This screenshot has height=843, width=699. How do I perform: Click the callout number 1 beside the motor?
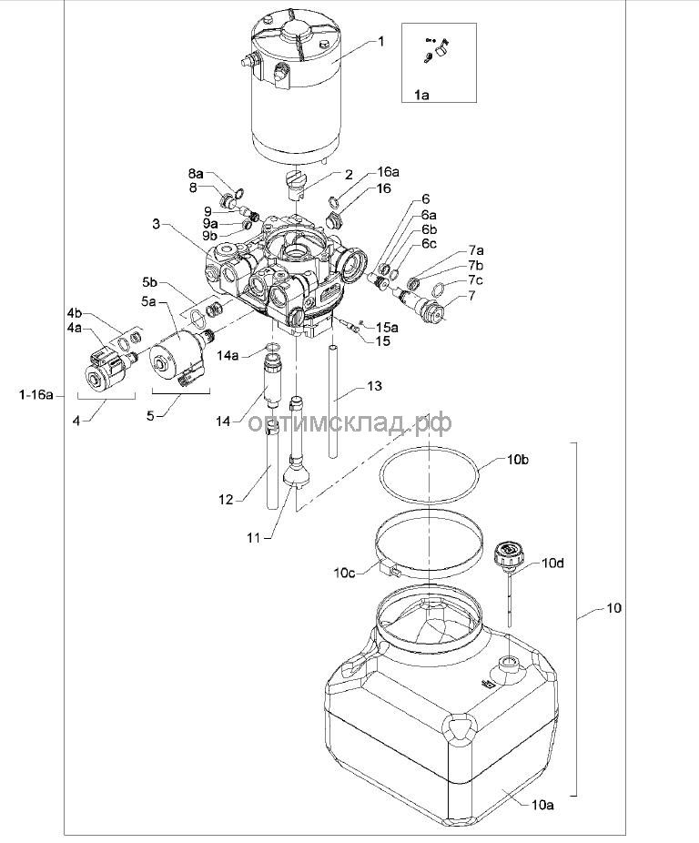coord(381,41)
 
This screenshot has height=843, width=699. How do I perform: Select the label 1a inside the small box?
coord(422,95)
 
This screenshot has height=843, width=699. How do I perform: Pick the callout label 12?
coord(226,499)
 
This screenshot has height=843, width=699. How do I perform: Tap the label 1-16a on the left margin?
coord(35,395)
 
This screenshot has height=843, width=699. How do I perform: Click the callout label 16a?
coord(389,172)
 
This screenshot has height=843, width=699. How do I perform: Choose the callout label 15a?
coord(388,327)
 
